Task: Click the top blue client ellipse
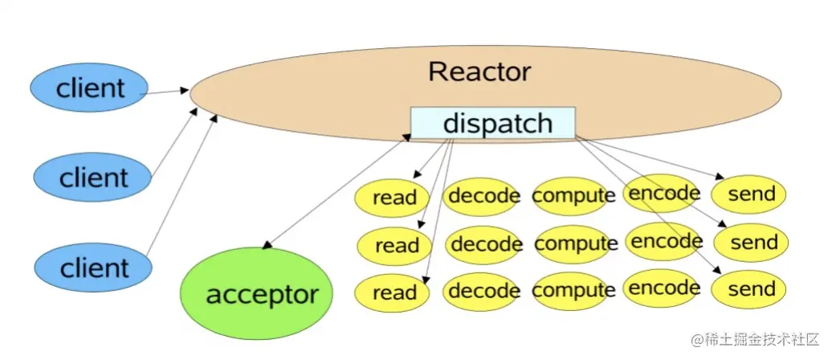point(88,88)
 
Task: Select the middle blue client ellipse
point(92,178)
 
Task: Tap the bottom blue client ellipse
point(93,268)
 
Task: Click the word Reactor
point(479,72)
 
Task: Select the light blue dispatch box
point(493,123)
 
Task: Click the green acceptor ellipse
point(257,293)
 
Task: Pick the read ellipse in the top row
point(392,198)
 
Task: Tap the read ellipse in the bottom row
point(392,292)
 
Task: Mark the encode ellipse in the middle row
point(664,242)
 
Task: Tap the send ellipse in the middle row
point(751,243)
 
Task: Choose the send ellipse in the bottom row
point(748,290)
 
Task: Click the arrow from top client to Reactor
point(165,92)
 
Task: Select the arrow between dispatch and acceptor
point(337,191)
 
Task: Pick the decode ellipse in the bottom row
point(481,292)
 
